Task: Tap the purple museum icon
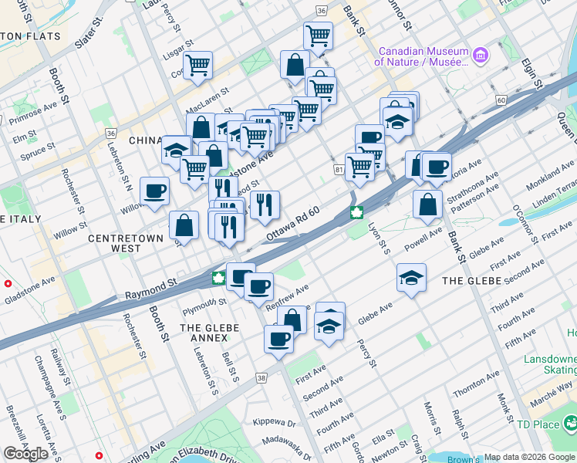481,55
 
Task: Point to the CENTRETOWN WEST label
125,243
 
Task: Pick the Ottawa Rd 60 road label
293,224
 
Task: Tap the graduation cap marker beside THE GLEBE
412,278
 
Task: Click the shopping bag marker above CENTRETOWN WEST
184,225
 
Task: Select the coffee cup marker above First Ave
278,338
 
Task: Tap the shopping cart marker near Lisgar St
198,66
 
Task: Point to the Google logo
26,454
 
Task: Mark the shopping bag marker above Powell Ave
427,204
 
